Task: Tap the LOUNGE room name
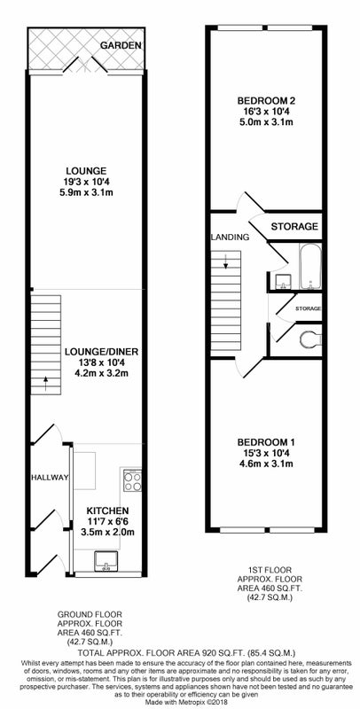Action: [86, 171]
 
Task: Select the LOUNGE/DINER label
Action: [101, 352]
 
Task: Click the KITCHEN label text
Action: [107, 510]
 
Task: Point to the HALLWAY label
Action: [50, 477]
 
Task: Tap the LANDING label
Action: [230, 237]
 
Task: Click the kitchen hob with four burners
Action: [132, 480]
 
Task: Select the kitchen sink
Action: [106, 561]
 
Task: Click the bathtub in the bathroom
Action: [310, 267]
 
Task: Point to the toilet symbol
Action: [310, 339]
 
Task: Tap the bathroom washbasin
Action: [283, 281]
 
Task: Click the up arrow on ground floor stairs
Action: [45, 384]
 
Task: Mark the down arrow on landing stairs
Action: [225, 261]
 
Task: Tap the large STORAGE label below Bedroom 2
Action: [294, 227]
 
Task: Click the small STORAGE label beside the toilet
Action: [309, 308]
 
